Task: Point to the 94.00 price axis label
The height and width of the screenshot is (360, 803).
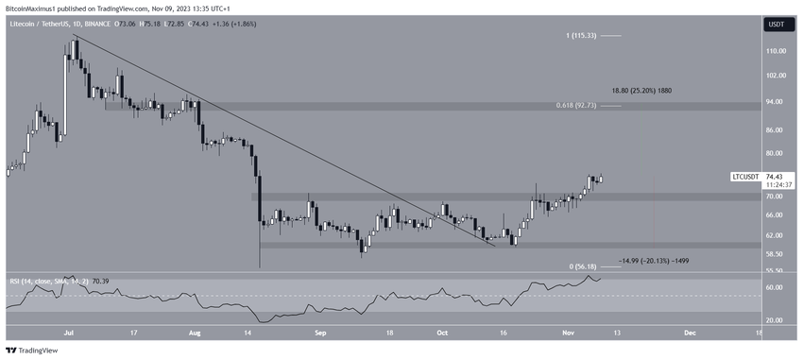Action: (x=777, y=101)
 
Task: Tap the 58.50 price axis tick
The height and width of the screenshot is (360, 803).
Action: (x=777, y=254)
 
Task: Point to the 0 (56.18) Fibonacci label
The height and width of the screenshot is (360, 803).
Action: (x=579, y=267)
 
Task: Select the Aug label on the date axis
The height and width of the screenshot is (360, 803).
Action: (x=196, y=334)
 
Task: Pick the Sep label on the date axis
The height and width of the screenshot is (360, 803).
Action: (x=320, y=334)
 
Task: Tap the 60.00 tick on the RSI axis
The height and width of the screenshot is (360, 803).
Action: (x=777, y=287)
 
